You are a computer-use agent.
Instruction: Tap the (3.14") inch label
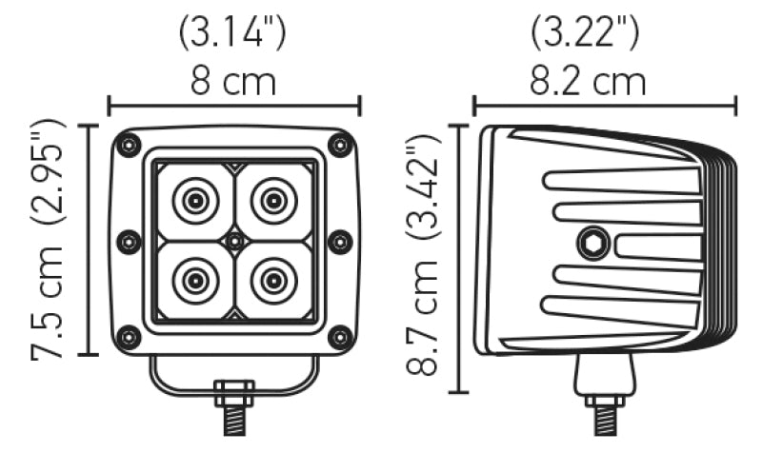(233, 33)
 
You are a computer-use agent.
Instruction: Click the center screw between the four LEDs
(234, 241)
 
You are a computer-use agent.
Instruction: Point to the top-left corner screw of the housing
(128, 145)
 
